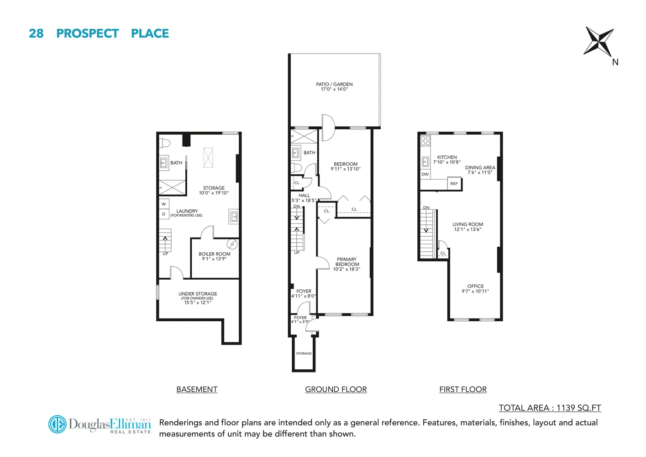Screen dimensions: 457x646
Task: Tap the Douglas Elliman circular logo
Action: pos(58,424)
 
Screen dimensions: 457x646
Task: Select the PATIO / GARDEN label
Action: pos(334,84)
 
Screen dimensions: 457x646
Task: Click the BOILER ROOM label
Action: pos(214,254)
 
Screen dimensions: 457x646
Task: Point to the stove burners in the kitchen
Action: pos(425,140)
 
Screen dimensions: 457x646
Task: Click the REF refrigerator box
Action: pos(454,183)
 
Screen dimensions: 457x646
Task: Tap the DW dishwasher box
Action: pos(425,174)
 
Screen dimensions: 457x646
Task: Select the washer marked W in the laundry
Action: pos(164,204)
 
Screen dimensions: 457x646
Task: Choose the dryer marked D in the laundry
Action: pos(164,214)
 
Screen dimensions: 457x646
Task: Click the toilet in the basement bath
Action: pos(165,143)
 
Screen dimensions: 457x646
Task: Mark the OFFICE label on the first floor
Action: pos(475,286)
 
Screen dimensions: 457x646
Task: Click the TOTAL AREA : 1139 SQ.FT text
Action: pos(550,408)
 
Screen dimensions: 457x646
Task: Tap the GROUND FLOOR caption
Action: pos(336,389)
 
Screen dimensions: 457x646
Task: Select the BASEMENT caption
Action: pos(197,389)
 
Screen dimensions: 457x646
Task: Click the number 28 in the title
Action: pos(36,33)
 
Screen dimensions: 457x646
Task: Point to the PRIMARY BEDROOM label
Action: pos(347,262)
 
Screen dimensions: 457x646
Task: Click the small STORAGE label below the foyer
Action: pos(304,353)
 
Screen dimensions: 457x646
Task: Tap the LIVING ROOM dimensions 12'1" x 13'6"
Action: pos(467,229)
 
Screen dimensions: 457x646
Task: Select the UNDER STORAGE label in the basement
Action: pos(198,294)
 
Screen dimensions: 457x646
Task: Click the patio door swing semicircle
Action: pos(329,128)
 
